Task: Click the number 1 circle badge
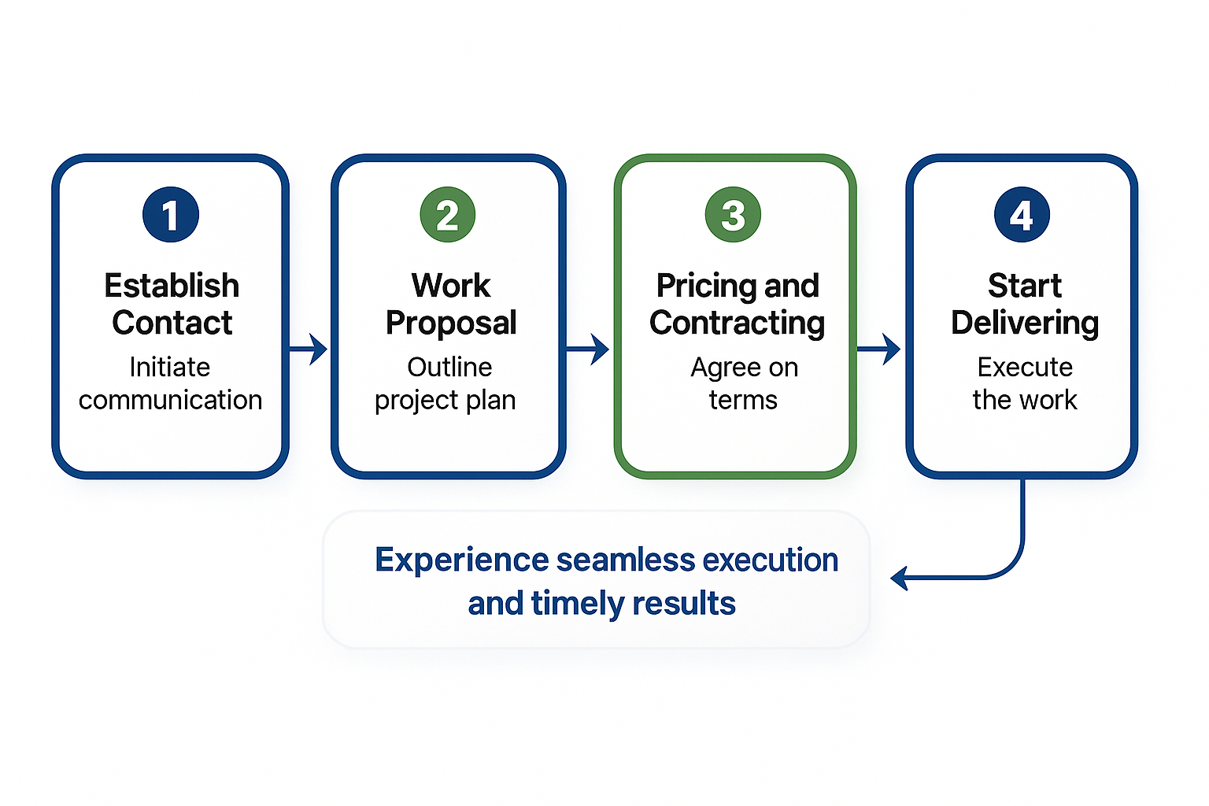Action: pyautogui.click(x=171, y=214)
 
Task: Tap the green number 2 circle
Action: pyautogui.click(x=447, y=214)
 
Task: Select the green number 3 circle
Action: pyautogui.click(x=733, y=214)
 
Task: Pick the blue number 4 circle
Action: pyautogui.click(x=1022, y=214)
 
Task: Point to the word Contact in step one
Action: pyautogui.click(x=172, y=322)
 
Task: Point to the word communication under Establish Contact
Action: pyautogui.click(x=171, y=400)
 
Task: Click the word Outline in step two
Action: pyautogui.click(x=449, y=367)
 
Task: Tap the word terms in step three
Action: pyautogui.click(x=743, y=400)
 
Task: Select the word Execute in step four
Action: pyautogui.click(x=1025, y=367)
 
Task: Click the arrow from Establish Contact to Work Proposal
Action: pyautogui.click(x=309, y=349)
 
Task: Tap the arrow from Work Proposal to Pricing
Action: pyautogui.click(x=588, y=349)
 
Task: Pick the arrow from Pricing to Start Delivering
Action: pyautogui.click(x=878, y=349)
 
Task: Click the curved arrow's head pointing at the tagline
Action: pyautogui.click(x=899, y=579)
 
